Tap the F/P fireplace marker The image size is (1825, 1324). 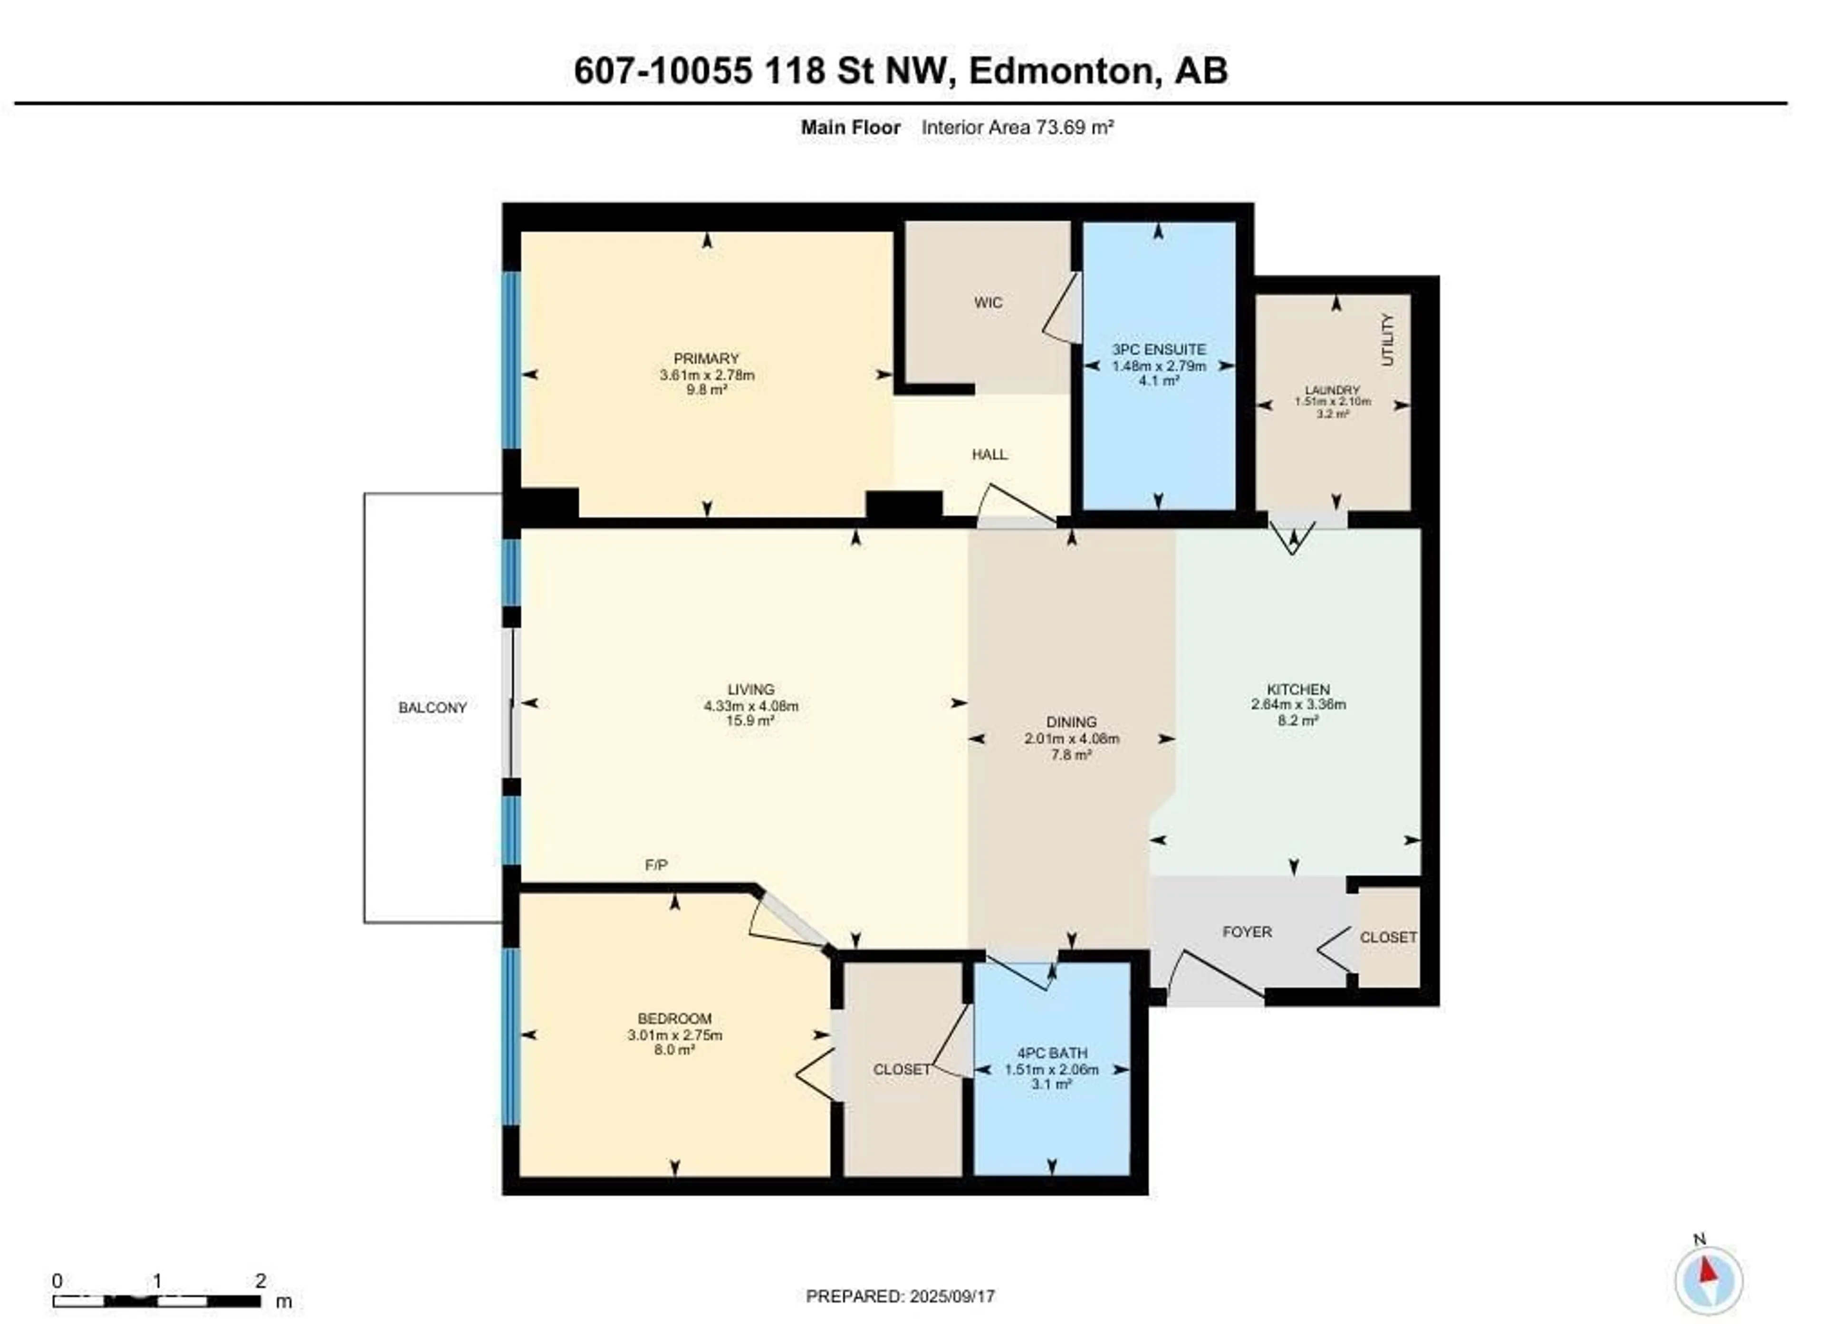(656, 865)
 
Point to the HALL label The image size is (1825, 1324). (989, 455)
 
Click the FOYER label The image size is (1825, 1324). (1247, 932)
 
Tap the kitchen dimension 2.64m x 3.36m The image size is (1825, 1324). (1298, 704)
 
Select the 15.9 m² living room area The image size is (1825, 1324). (750, 720)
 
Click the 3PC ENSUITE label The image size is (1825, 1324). (1159, 349)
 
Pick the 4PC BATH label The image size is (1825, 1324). (1052, 1053)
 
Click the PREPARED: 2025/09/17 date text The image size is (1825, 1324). (901, 1296)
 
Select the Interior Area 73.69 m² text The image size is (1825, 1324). (1017, 127)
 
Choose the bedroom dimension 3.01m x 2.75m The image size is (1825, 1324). (674, 1035)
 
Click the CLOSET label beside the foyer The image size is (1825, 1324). (1388, 938)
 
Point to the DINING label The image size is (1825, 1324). (1071, 722)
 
